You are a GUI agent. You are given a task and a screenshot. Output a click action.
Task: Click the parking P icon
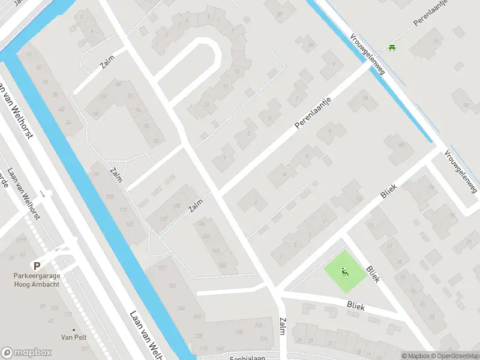(x=37, y=266)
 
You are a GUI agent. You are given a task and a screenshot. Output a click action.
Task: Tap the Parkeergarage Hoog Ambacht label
(x=37, y=280)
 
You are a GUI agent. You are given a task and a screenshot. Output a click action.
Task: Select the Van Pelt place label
(x=74, y=337)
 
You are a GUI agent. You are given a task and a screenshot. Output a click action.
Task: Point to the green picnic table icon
(x=392, y=47)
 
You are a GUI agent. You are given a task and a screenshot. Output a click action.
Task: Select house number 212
(x=161, y=268)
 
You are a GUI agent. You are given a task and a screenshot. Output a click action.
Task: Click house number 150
(x=223, y=265)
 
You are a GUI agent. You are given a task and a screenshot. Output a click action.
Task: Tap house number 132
(x=163, y=219)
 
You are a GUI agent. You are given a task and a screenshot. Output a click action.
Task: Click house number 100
(x=109, y=197)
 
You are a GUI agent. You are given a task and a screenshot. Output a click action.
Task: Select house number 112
(x=123, y=209)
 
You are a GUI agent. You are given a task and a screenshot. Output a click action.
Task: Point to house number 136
(x=200, y=224)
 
